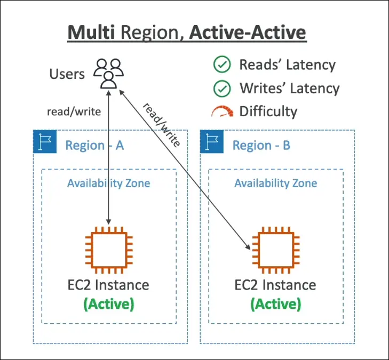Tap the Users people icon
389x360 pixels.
pos(109,73)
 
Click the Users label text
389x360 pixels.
pos(67,74)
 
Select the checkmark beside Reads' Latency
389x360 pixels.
pos(221,65)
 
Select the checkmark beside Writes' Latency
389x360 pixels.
pos(221,88)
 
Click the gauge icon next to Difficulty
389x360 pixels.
pos(222,111)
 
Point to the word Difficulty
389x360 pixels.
pos(268,111)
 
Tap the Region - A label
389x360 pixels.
pos(94,145)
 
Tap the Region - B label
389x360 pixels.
pos(261,145)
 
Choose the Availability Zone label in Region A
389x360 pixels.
pos(108,183)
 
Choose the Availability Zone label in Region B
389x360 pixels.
pos(276,183)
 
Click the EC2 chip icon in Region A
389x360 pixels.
pos(109,249)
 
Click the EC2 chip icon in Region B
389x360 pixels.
pos(276,249)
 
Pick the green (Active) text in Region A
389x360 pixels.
pos(109,304)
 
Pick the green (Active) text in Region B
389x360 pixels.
pos(276,304)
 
